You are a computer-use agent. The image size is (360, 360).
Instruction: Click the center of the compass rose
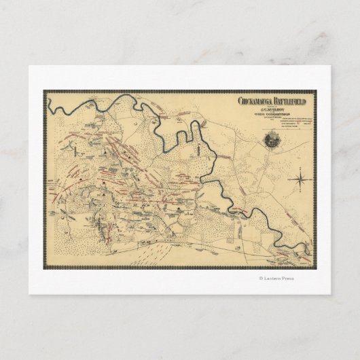coord(300,179)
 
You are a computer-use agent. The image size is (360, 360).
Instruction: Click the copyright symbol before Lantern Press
coord(261,278)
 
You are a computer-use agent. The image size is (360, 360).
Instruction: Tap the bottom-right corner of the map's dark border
coord(315,268)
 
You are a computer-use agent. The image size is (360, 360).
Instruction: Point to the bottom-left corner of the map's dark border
coord(44,268)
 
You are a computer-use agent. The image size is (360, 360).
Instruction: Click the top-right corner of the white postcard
coord(331,66)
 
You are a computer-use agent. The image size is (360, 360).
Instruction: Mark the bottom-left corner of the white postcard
coord(29,294)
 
